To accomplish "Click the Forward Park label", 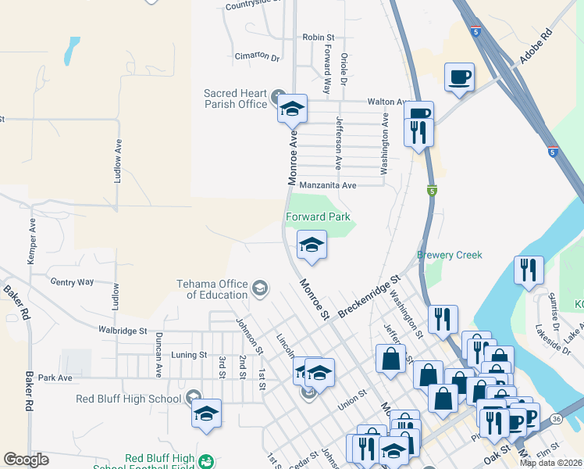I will [x=318, y=217].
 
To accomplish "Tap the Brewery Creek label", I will [x=449, y=255].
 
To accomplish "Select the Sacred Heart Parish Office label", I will [x=236, y=98].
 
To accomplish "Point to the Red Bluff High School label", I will [x=129, y=399].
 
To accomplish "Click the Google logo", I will [x=26, y=460].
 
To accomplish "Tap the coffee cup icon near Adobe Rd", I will [x=459, y=77].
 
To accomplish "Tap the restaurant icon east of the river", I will [x=529, y=270].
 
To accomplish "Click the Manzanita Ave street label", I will [x=328, y=185].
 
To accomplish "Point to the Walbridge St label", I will [x=123, y=331].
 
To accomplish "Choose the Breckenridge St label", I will [x=369, y=295].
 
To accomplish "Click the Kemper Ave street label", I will [x=32, y=240].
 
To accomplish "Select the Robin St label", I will [x=318, y=37].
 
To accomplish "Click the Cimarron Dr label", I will [x=257, y=56].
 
